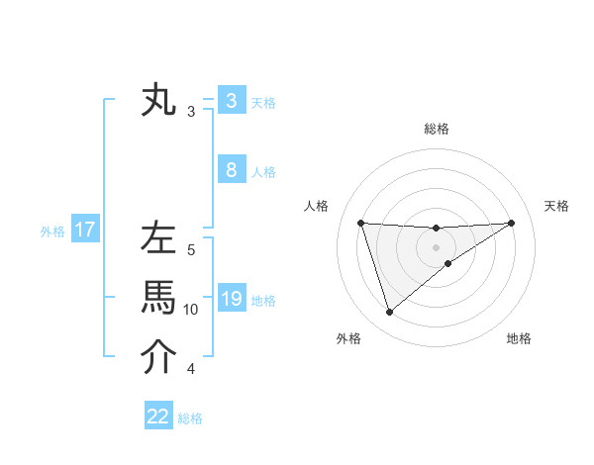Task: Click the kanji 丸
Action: tap(158, 101)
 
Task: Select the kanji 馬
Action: tap(158, 297)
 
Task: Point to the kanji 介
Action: tap(158, 357)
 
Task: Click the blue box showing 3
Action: tap(231, 100)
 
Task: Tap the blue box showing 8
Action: tap(231, 169)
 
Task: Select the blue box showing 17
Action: tap(84, 231)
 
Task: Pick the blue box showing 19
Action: tap(231, 298)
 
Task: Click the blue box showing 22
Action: tap(158, 417)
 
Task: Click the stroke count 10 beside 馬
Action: tap(191, 310)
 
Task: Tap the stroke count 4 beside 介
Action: tap(191, 369)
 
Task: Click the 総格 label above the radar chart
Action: tap(436, 129)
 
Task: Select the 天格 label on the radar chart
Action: tap(556, 206)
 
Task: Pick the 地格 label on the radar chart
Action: tap(519, 338)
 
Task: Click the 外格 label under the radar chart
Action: tap(348, 338)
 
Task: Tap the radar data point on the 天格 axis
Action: tap(511, 223)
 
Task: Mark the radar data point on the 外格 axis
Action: tap(389, 313)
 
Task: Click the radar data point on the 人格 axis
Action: tap(360, 223)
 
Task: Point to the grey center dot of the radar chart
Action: tap(436, 246)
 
